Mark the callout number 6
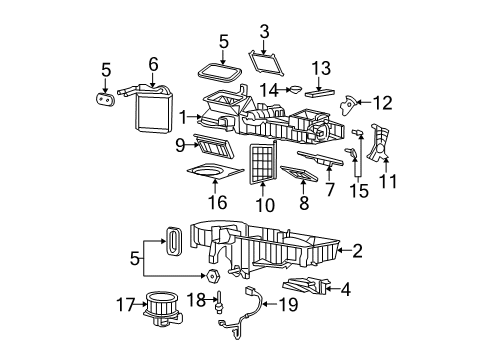pos(153,63)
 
